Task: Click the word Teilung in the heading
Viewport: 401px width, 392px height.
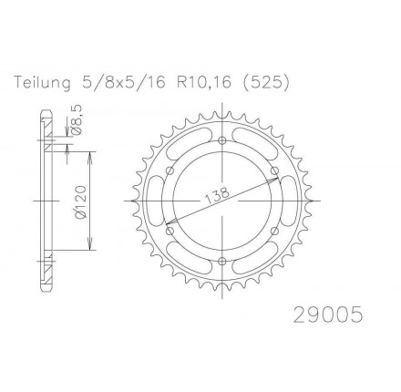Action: pos(42,83)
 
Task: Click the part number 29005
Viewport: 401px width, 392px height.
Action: pos(328,315)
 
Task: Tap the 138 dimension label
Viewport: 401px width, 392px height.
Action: pos(217,195)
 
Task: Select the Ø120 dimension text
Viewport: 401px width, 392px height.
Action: pos(81,201)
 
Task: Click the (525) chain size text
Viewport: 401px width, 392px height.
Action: pos(265,83)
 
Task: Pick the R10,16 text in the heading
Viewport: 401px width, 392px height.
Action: pos(203,83)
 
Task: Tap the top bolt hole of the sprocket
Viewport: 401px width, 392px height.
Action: pos(222,140)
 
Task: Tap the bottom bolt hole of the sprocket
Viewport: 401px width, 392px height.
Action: pos(222,261)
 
